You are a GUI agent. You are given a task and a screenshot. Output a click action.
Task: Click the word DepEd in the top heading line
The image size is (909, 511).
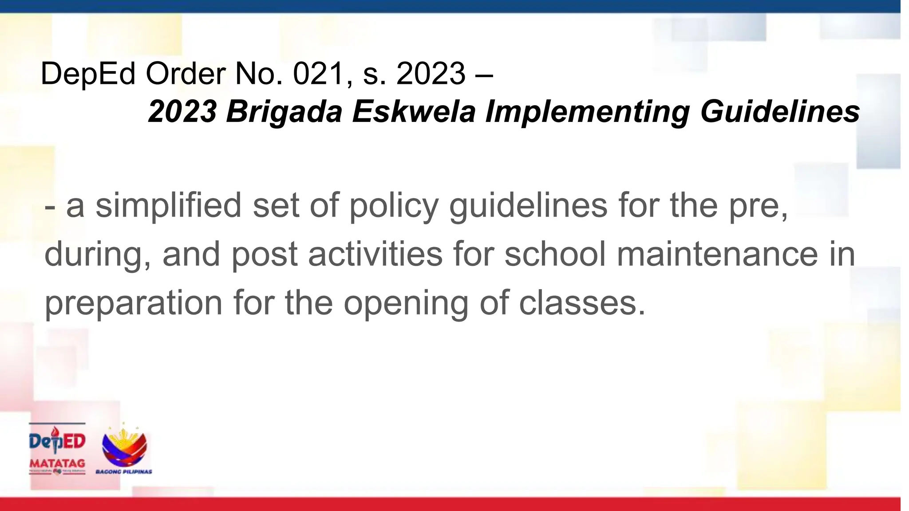(88, 74)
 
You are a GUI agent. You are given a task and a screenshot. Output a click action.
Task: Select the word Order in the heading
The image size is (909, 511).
(186, 74)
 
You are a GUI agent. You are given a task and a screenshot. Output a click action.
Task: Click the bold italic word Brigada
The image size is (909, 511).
(284, 111)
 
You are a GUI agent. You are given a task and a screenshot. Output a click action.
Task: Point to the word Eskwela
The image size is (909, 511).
(414, 111)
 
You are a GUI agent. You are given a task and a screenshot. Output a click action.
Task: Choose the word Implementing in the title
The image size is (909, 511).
(588, 111)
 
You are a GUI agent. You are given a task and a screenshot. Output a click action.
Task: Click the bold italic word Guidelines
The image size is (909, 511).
(780, 111)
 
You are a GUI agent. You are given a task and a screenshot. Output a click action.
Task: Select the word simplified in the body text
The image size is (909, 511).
(168, 206)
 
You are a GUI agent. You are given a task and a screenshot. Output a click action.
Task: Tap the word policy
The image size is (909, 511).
(394, 207)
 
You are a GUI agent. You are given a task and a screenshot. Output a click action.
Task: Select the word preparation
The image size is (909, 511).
(134, 304)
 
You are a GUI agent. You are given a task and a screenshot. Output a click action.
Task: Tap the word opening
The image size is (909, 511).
(406, 304)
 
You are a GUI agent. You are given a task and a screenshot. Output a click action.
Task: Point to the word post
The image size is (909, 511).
(265, 255)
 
